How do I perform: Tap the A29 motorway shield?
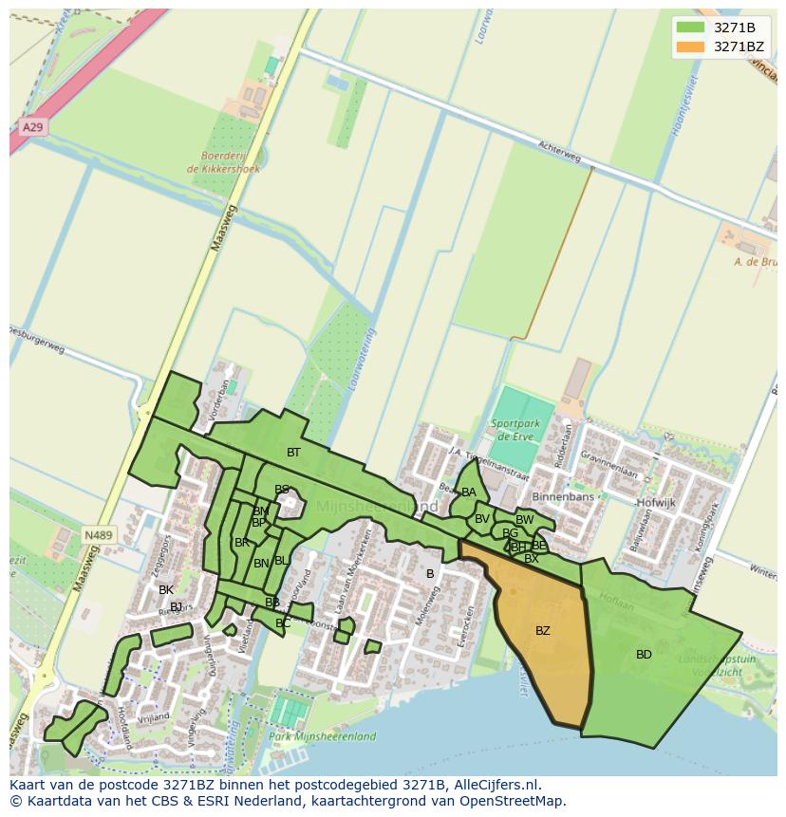[32, 127]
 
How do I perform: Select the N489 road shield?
[98, 536]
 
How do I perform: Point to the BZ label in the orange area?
[542, 631]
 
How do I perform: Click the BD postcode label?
[644, 655]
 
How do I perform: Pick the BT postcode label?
[293, 453]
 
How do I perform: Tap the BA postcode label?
[469, 492]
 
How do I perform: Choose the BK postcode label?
[166, 590]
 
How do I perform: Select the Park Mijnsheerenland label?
[322, 736]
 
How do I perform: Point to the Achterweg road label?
[558, 153]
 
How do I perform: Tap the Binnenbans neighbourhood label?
[563, 497]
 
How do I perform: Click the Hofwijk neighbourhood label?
[655, 503]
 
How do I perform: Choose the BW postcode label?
[524, 520]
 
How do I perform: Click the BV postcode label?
[481, 519]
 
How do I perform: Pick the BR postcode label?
[242, 543]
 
